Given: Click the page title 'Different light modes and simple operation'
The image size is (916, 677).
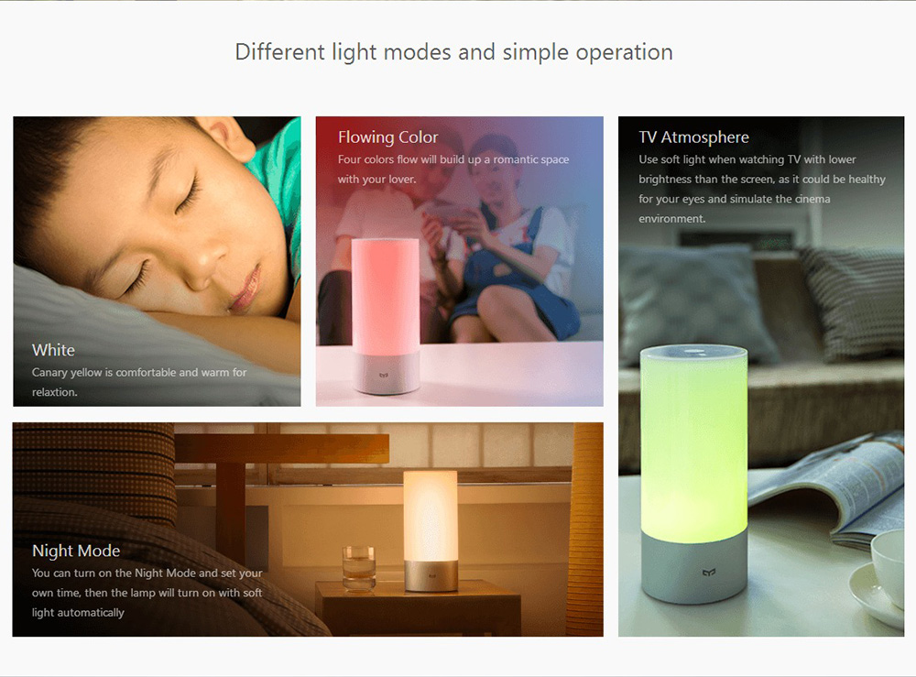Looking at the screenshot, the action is coord(454,52).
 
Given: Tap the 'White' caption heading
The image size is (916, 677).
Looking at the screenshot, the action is coord(53,350).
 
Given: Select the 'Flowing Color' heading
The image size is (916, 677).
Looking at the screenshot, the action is coord(387,137).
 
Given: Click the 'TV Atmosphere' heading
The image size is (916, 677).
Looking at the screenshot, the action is coord(693,137).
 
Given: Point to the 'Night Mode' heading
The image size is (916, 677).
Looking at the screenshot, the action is coord(76,551).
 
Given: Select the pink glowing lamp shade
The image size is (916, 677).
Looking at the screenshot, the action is coord(385,296).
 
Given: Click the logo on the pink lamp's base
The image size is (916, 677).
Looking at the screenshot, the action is coord(384,376).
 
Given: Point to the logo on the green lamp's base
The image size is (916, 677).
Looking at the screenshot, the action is coord(709,573).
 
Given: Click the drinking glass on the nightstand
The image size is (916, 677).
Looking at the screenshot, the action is coord(359,568).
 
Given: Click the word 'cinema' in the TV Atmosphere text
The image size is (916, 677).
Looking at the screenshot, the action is coord(812,199).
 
